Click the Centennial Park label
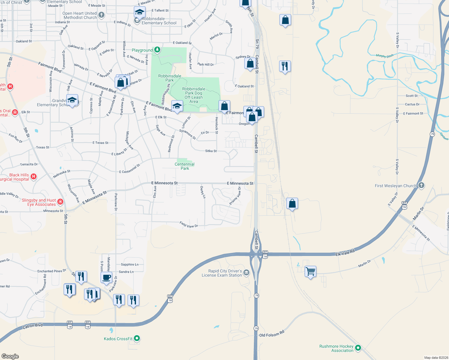(185, 166)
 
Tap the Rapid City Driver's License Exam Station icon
(246, 272)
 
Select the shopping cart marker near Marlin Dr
(311, 271)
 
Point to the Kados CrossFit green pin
(137, 338)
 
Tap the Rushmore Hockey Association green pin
(358, 348)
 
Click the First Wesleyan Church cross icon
(421, 185)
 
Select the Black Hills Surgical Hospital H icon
(34, 176)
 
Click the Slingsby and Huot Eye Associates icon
(60, 202)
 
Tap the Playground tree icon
(157, 50)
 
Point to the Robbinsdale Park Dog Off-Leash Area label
(194, 95)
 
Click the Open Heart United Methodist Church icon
(101, 15)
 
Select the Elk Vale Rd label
(345, 253)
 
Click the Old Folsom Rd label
(272, 334)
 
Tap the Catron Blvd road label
(33, 326)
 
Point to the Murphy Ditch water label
(384, 56)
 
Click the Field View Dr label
(189, 224)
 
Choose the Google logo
(10, 356)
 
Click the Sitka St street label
(211, 151)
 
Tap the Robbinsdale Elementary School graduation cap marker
(140, 12)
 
